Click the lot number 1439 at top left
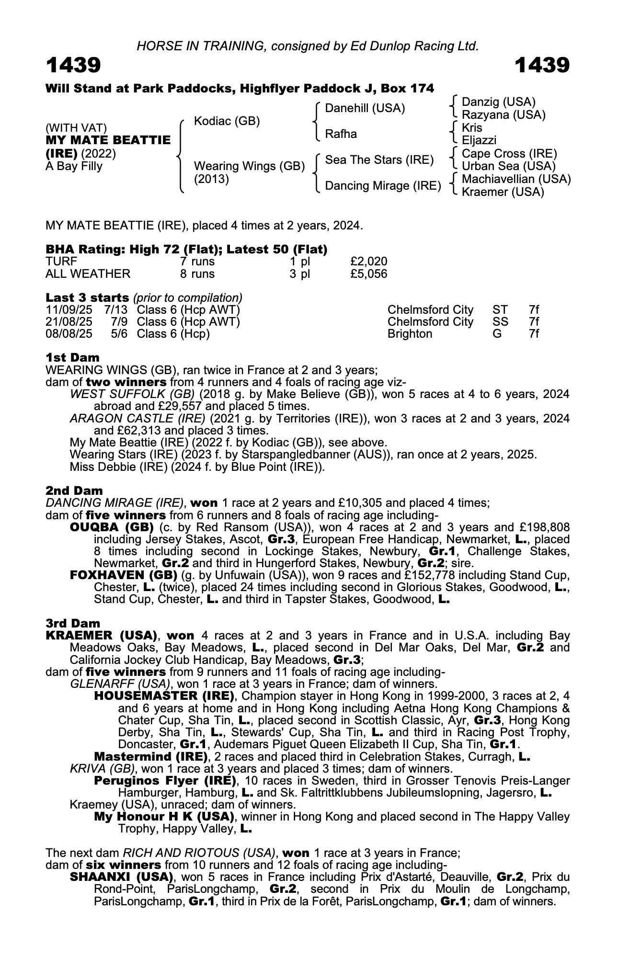click(x=73, y=65)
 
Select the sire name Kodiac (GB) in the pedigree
click(x=227, y=121)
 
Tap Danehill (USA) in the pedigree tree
click(x=365, y=108)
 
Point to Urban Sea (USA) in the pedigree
click(x=508, y=166)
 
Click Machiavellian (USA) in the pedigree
click(x=516, y=179)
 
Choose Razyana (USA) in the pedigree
click(x=503, y=115)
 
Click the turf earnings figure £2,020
click(x=368, y=262)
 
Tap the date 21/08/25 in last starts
click(x=69, y=322)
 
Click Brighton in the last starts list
click(x=410, y=334)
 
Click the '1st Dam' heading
click(x=72, y=358)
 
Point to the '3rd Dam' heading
click(x=73, y=623)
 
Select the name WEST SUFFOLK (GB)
click(x=132, y=394)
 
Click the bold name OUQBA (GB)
click(x=112, y=527)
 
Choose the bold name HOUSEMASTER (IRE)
click(x=164, y=696)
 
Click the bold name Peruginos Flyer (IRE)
click(x=165, y=781)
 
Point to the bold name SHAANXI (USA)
click(x=121, y=877)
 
